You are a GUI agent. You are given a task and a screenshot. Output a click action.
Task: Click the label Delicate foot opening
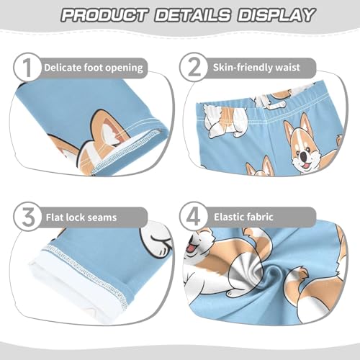93,68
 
